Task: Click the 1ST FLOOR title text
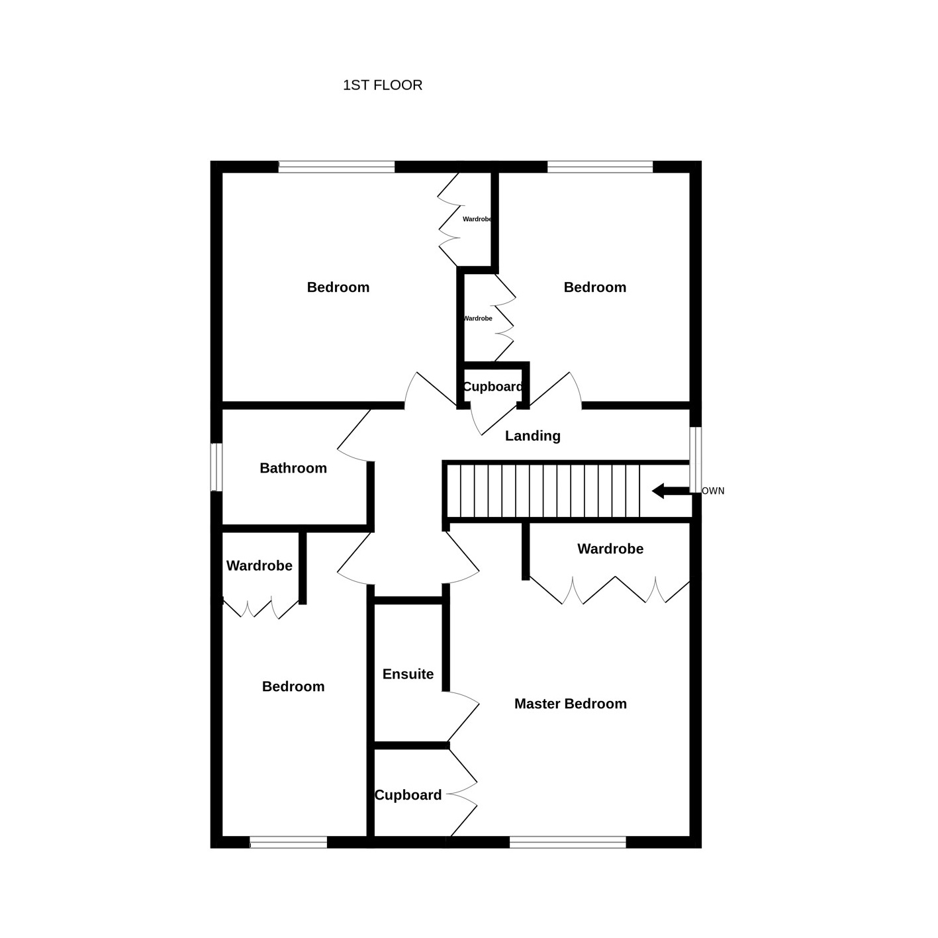coord(382,85)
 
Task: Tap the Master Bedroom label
coord(571,704)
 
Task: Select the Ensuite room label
coord(408,674)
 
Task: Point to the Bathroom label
coord(293,468)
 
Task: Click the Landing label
coord(532,436)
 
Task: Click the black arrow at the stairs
coord(671,491)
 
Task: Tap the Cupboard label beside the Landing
coord(492,387)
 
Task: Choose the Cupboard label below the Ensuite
coord(408,795)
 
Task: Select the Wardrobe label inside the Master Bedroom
coord(610,549)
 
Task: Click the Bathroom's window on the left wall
coord(216,467)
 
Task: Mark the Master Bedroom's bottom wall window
coord(567,842)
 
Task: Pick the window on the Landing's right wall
coord(696,461)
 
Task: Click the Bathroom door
coord(355,437)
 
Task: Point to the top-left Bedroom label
coord(338,287)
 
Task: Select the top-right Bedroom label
coord(595,287)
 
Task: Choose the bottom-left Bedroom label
coord(293,686)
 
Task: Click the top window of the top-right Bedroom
coord(600,166)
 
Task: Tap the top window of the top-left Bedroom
coord(336,166)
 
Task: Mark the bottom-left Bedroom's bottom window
coord(288,842)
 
